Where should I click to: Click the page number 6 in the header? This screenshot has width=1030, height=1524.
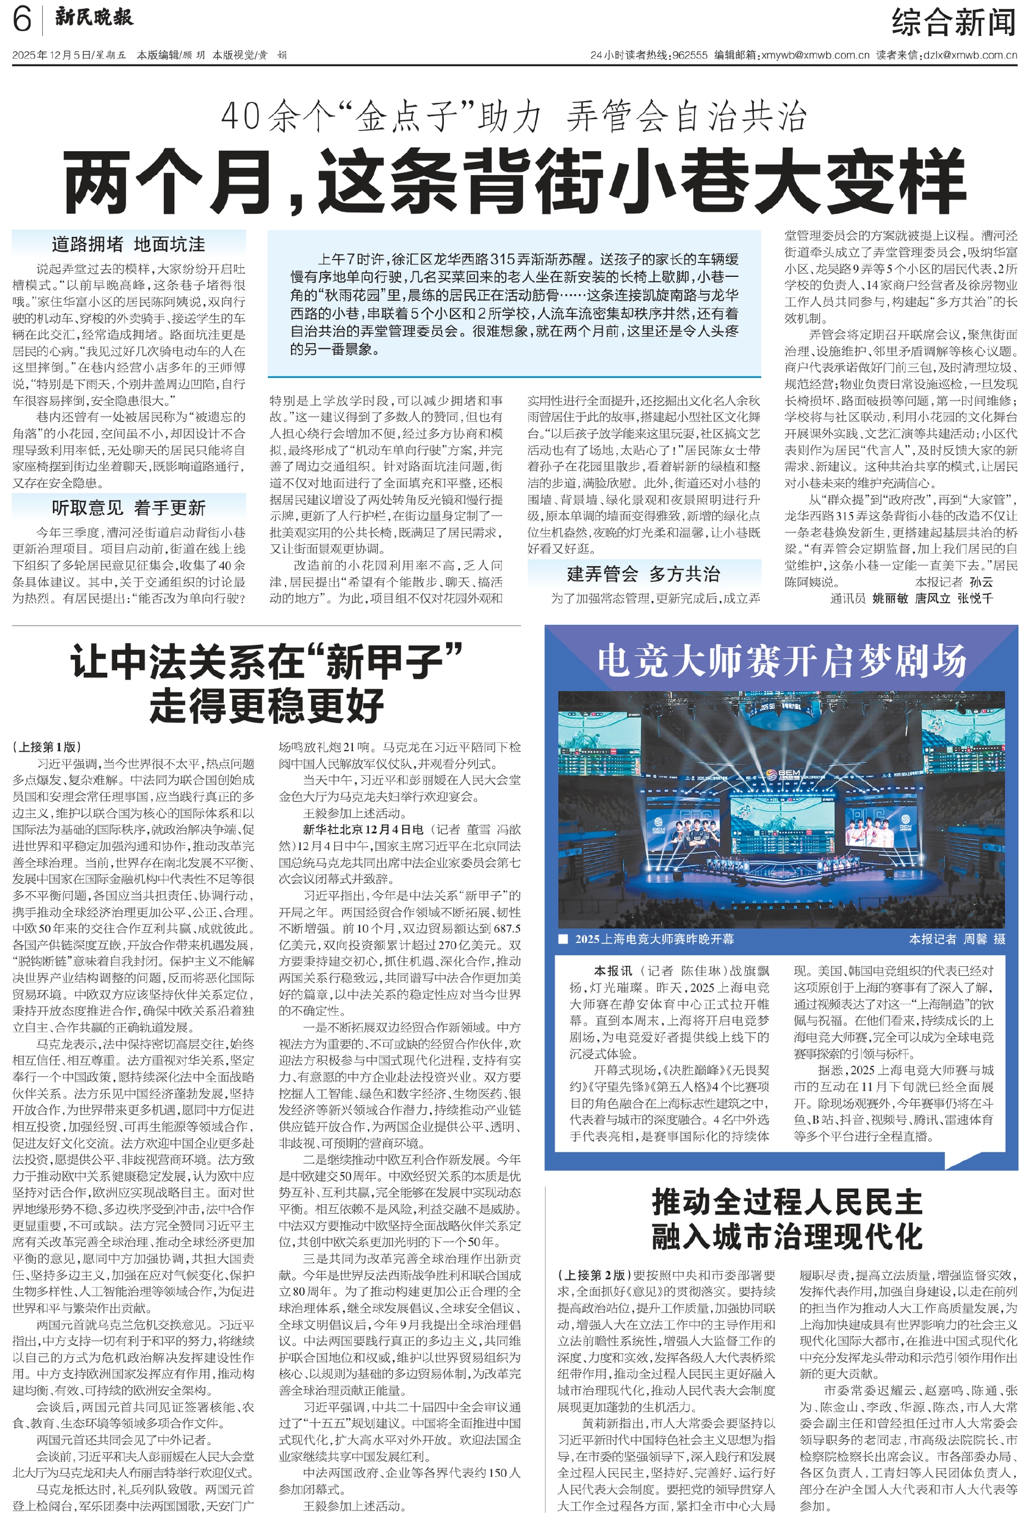21,20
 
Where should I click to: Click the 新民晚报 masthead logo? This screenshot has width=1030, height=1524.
94,18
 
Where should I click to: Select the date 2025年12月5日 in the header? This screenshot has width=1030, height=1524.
51,55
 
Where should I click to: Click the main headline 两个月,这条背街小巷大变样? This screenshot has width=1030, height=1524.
515,182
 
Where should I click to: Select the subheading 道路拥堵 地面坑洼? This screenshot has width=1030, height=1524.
129,245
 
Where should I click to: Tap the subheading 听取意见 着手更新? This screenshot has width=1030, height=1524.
129,508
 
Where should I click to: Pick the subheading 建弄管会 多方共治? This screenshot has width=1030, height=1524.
644,574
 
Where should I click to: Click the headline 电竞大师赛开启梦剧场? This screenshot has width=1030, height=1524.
781,660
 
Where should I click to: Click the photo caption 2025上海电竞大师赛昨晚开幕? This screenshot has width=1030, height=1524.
654,939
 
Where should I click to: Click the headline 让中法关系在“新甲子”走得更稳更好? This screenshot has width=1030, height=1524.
266,683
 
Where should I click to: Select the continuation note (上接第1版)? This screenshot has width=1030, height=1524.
46,747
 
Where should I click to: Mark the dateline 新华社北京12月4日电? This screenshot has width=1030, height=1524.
362,829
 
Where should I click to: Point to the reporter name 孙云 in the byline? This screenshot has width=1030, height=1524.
981,582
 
